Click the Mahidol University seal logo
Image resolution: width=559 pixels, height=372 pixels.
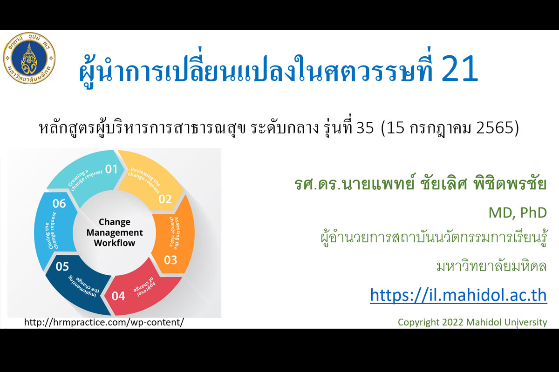(x=29, y=58)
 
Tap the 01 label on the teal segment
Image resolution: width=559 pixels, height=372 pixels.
(x=111, y=169)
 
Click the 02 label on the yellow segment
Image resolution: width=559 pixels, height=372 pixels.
(x=165, y=199)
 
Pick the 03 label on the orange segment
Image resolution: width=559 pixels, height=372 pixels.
(x=170, y=260)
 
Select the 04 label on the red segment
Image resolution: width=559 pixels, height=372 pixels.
(x=118, y=296)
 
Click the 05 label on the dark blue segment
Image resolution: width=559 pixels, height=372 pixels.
(x=62, y=266)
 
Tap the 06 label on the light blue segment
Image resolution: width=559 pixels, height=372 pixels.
(x=59, y=204)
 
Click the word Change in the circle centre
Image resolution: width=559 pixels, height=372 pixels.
(x=115, y=222)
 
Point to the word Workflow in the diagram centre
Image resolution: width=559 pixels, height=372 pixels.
(x=115, y=243)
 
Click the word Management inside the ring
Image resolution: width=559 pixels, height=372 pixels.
(x=115, y=232)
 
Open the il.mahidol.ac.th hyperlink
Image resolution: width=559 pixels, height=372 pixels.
(x=458, y=295)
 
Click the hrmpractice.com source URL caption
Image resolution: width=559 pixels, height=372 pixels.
(x=104, y=322)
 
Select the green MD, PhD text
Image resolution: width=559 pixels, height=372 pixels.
(x=518, y=213)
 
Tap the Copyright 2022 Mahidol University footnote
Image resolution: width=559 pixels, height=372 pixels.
(x=472, y=322)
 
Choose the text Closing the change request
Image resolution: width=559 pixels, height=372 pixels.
(x=52, y=231)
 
